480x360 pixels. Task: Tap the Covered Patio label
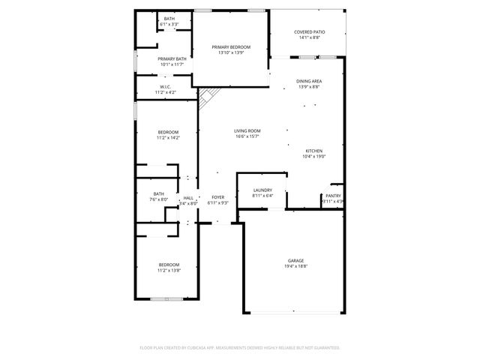309,32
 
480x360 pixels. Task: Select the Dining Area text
309,80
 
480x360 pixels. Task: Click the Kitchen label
313,150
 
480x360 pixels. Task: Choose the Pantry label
333,196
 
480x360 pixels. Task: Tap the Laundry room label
262,190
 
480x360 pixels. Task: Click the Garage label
295,260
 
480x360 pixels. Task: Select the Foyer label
217,197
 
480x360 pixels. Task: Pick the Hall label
188,198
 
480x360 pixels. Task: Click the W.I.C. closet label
166,86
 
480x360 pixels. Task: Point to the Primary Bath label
172,58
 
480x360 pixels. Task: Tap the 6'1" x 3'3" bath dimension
169,24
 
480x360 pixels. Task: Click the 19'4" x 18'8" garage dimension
295,266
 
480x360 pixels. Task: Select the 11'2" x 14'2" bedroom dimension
169,138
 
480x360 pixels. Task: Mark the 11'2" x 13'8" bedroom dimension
169,270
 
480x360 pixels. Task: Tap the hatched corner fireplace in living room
208,95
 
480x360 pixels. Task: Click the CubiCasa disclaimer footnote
240,347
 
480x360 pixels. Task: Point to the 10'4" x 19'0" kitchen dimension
314,156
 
